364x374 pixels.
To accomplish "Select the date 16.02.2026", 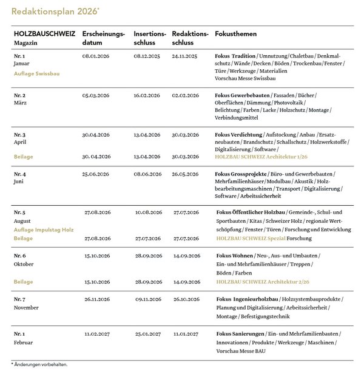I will coord(148,96).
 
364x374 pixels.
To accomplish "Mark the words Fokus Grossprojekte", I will coord(241,174).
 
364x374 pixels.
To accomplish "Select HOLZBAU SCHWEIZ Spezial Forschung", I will coord(260,239).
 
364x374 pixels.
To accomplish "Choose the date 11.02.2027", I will coord(96,333).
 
